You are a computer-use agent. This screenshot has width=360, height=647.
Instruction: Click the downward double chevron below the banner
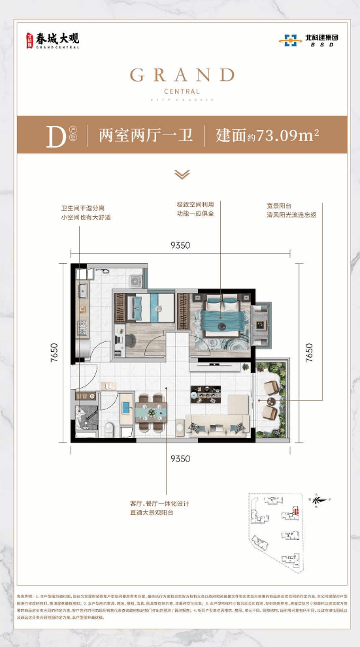pyautogui.click(x=182, y=174)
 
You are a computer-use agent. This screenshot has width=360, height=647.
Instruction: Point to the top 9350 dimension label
pyautogui.click(x=180, y=245)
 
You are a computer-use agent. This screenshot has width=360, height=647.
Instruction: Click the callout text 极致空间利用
pyautogui.click(x=195, y=204)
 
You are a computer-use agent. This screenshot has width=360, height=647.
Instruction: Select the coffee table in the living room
pyautogui.click(x=204, y=393)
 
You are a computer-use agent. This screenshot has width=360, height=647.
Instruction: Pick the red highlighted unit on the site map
pyautogui.click(x=297, y=511)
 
